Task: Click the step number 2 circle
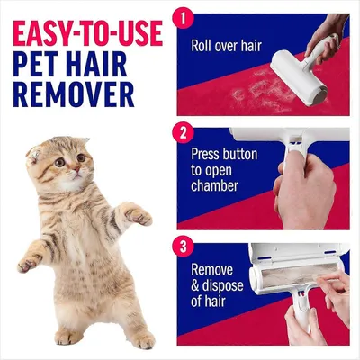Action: point(184,132)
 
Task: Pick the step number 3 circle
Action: point(184,247)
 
